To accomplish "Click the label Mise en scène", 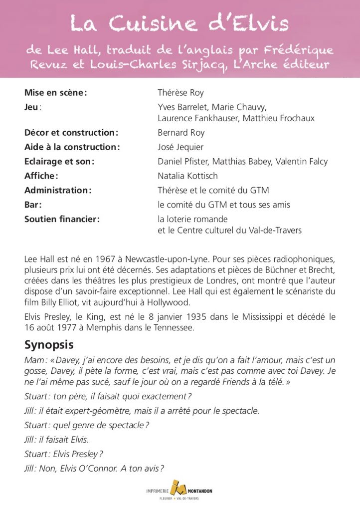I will point(55,93).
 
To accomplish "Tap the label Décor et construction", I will point(71,133).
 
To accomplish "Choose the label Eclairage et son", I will point(59,162).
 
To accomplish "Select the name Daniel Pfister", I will point(181,162).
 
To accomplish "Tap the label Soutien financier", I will point(62,219).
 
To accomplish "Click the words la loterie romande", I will point(192,219).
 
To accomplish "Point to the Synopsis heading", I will point(49,345).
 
